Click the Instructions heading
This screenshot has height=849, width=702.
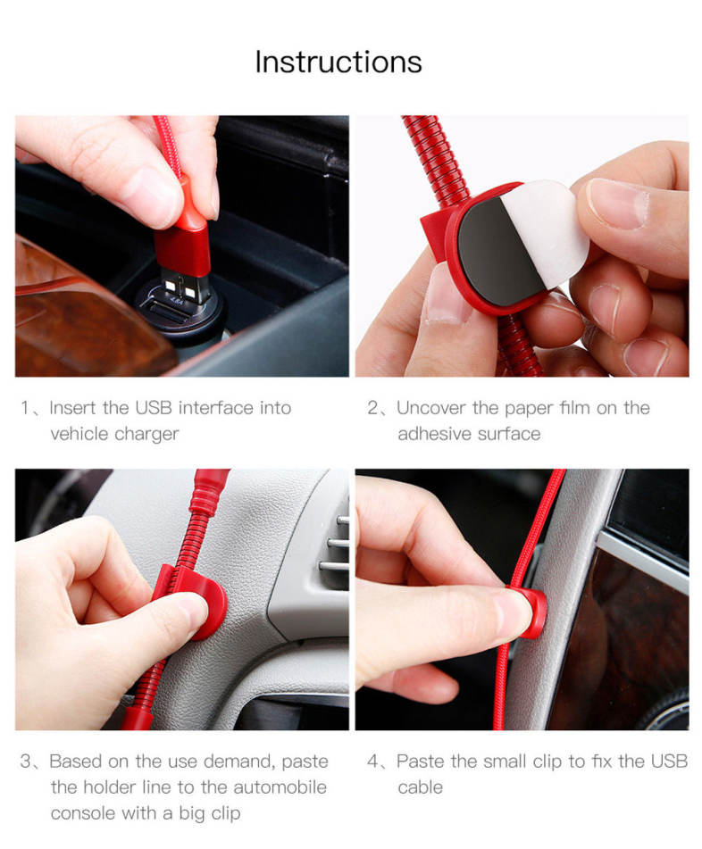point(338,62)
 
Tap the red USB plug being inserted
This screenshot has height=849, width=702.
point(182,238)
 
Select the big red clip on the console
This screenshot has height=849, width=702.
point(199,601)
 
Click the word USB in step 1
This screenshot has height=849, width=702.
point(154,408)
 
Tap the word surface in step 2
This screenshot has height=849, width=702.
point(508,434)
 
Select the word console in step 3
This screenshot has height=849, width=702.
point(83,813)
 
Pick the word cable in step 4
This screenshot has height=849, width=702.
point(420,787)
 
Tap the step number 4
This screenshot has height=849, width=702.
point(373,762)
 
